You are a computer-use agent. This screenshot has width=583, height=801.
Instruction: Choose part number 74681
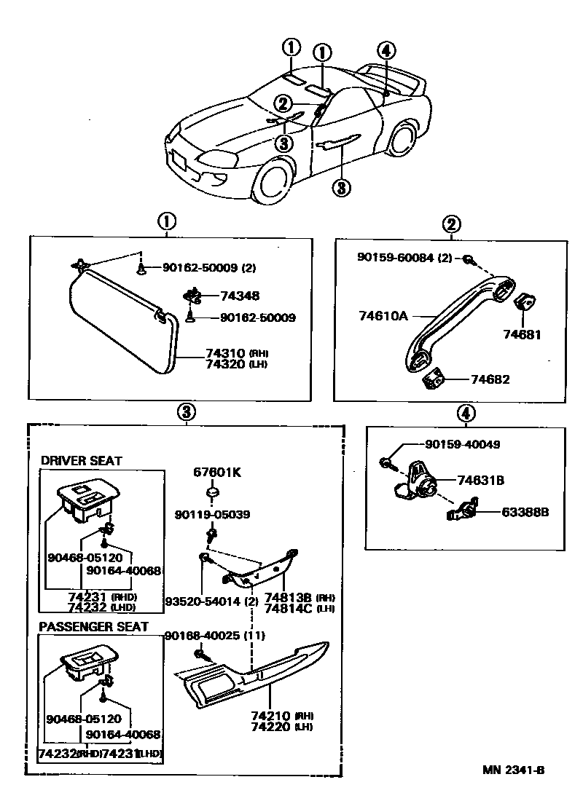click(523, 334)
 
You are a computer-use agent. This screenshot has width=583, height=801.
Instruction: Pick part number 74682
click(490, 379)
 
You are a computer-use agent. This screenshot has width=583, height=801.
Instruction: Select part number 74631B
click(481, 480)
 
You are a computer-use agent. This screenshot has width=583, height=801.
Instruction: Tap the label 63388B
click(525, 512)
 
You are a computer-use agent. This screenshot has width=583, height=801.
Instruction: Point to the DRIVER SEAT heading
click(81, 461)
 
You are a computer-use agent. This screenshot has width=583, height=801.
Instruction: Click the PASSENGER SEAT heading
click(93, 626)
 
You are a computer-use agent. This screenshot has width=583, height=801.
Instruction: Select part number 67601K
click(217, 473)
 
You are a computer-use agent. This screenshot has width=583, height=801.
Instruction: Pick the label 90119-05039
click(212, 515)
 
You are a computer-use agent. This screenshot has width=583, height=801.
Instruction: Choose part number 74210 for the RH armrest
click(270, 716)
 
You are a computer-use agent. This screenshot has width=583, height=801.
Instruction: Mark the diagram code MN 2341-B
click(513, 770)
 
